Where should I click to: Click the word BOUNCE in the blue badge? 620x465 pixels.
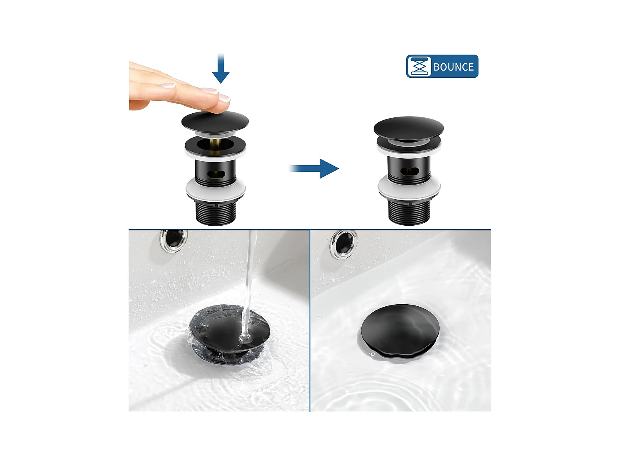coord(453,67)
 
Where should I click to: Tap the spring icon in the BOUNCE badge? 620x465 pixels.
coord(419,67)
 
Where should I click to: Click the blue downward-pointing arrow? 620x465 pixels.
coord(221,68)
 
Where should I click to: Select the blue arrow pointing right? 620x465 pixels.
coord(314,169)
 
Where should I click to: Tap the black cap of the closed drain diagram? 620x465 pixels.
coord(408,128)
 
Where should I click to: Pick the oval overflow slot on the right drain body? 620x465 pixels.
coord(410,171)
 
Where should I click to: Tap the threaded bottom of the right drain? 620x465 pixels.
coord(409,211)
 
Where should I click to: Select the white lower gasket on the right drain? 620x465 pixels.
coord(409,188)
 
